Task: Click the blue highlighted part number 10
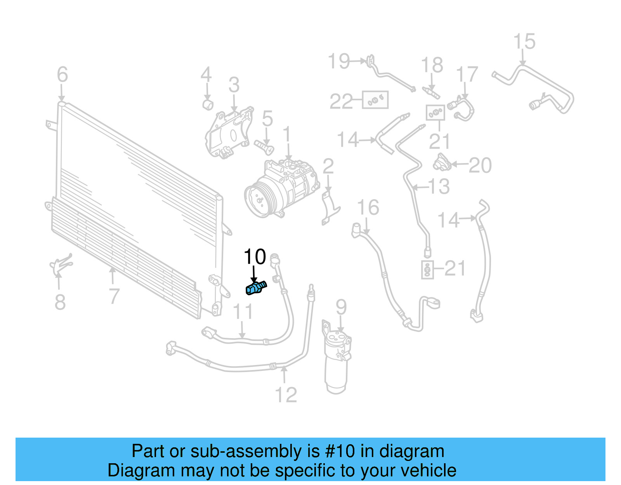click(256, 289)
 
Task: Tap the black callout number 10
click(255, 257)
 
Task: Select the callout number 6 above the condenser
click(62, 75)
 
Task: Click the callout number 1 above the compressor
click(287, 135)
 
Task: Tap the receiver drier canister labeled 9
click(337, 361)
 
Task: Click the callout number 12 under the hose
click(286, 395)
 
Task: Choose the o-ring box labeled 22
click(375, 100)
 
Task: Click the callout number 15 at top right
click(524, 42)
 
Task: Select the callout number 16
click(368, 208)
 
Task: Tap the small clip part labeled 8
click(60, 265)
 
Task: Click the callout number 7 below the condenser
click(113, 296)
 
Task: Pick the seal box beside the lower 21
click(427, 269)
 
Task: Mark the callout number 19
click(339, 61)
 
